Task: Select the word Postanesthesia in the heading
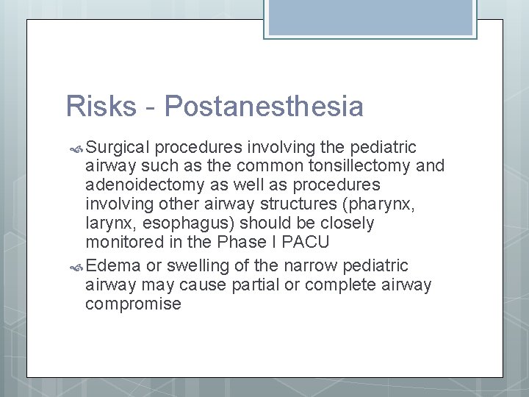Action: (x=264, y=107)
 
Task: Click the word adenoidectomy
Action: (x=145, y=185)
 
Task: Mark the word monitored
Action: (x=126, y=242)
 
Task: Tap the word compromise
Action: (x=133, y=304)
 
